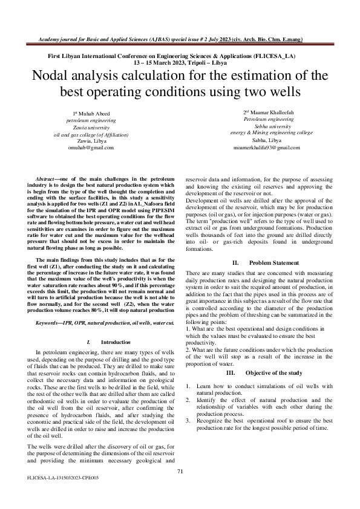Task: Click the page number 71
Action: coord(180,472)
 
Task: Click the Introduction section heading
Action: coord(111,342)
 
